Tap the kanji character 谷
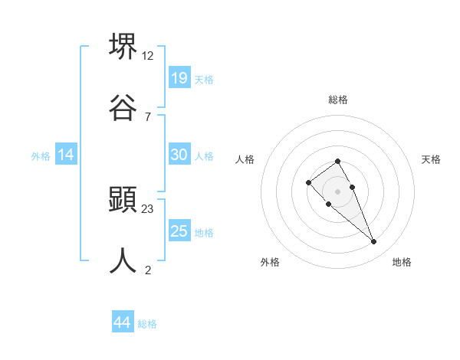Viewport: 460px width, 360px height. (123, 107)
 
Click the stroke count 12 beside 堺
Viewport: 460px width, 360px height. (148, 55)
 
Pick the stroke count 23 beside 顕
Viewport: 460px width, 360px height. (148, 208)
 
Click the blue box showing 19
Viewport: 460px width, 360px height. (179, 77)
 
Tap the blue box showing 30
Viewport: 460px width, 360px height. (179, 155)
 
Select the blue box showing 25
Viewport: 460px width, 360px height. (179, 231)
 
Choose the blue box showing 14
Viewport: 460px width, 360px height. (66, 155)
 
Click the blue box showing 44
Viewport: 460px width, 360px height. (123, 322)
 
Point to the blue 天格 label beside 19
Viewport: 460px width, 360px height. (204, 79)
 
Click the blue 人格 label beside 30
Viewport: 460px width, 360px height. (204, 155)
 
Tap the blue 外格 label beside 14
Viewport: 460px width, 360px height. (41, 155)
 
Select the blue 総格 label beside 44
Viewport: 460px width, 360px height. (147, 324)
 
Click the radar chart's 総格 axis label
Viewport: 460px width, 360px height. (338, 100)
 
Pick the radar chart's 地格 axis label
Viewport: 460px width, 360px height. (402, 262)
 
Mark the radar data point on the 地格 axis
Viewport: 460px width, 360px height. (374, 242)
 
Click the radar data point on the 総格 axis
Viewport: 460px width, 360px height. (338, 161)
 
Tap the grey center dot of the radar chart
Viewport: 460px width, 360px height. (338, 191)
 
